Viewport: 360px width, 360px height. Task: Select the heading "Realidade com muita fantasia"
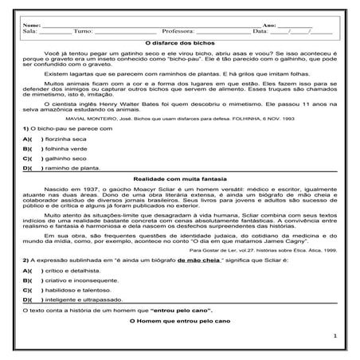coord(179,180)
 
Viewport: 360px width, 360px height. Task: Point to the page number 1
coord(337,337)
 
